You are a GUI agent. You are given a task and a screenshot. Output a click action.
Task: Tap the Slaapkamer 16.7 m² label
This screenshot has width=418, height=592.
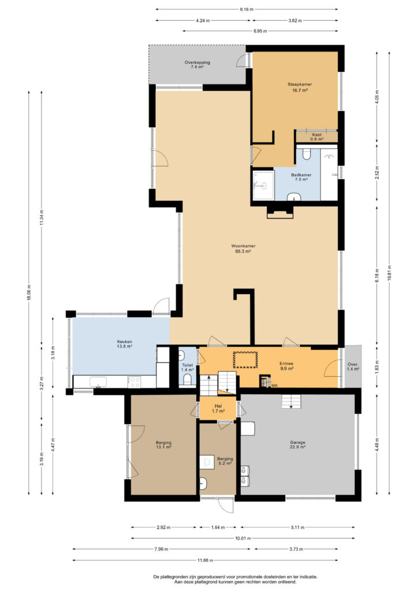pos(300,87)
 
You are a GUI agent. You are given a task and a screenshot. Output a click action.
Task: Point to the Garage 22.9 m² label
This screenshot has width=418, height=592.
pos(297,445)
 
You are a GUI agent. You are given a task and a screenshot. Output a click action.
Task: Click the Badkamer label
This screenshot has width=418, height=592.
pos(301,175)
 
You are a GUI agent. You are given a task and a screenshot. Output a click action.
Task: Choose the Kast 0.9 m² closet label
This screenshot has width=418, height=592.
pos(316,136)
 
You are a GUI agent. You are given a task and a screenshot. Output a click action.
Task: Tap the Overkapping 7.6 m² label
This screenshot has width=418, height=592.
pos(197,65)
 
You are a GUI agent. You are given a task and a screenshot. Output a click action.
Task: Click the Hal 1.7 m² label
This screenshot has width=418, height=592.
pos(218,409)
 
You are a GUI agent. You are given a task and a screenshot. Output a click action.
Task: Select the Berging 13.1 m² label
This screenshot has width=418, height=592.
pos(163,445)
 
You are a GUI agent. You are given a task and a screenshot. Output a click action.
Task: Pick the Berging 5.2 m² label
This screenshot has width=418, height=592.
pos(225,461)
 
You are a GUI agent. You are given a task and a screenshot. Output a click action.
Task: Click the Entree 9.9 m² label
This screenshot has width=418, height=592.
pos(286,366)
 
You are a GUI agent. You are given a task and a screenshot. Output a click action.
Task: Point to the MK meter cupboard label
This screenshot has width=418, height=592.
pos(274,386)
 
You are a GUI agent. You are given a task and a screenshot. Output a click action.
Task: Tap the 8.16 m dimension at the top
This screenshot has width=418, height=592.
pos(247,9)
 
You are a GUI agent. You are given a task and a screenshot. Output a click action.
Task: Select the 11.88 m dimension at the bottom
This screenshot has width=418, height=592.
pos(206,560)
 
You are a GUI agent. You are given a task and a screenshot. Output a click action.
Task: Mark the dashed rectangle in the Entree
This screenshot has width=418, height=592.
pos(245,360)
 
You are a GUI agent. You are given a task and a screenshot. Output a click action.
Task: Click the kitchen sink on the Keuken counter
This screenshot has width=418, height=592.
pos(98,382)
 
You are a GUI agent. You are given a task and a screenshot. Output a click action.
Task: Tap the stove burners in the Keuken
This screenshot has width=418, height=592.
pos(135,382)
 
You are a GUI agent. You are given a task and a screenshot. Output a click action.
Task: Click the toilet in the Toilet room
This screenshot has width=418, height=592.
pos(187,379)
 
